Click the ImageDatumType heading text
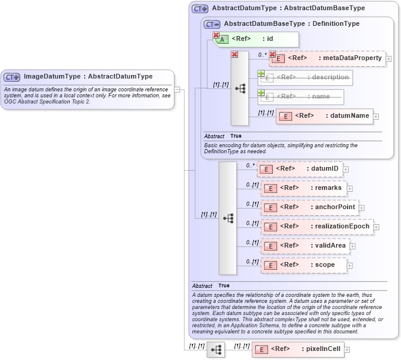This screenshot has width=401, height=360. coord(88,76)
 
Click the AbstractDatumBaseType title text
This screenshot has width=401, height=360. coord(292,23)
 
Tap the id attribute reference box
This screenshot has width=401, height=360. coord(256,39)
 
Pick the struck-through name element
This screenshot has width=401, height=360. coord(301,96)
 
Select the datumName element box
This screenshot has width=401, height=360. coord(325,116)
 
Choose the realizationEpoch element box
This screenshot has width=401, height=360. coord(317,227)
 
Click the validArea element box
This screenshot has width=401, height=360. coord(304,246)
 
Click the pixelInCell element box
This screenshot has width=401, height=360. coord(298,349)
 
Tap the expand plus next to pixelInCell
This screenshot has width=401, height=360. coord(347,349)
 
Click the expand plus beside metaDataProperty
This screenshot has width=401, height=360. coord(389,59)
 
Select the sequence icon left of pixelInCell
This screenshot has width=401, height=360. coord(216,349)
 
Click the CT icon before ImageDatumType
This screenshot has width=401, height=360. coord(12,77)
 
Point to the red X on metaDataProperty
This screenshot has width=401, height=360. coord(272,54)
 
